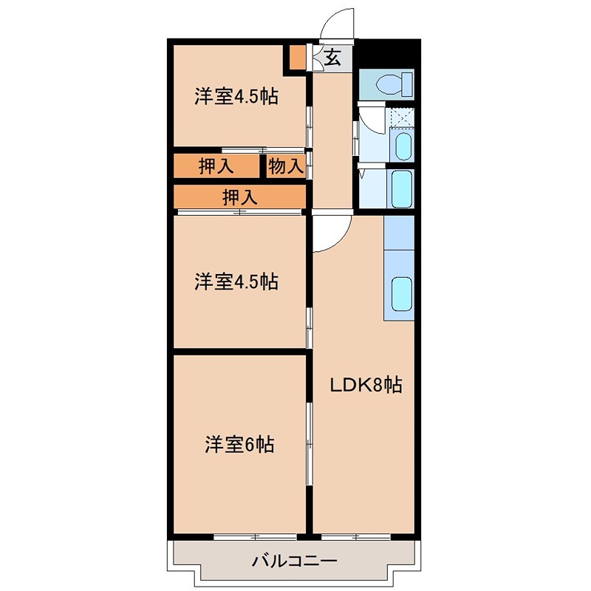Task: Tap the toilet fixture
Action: (388, 84)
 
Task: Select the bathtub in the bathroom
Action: (402, 188)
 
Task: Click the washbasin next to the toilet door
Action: (401, 146)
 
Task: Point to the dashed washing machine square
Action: (401, 117)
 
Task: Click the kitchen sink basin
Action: (401, 293)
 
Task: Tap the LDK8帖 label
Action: (366, 385)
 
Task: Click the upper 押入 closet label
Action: (216, 166)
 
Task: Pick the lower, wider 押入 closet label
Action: (240, 197)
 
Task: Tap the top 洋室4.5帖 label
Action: (236, 96)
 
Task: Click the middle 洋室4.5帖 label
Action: (236, 281)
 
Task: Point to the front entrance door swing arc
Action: (336, 22)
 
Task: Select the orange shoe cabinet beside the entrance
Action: (296, 58)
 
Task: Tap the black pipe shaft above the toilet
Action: (388, 52)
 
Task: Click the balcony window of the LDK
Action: (355, 534)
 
